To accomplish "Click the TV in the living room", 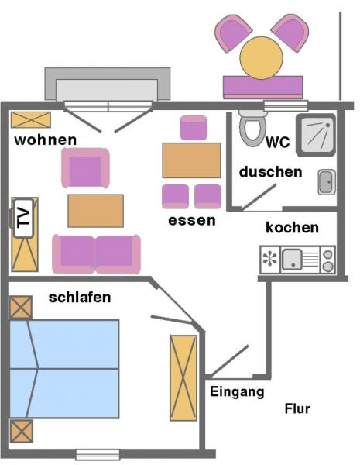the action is (23, 219).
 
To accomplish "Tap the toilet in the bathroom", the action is (252, 129).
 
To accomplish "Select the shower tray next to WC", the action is (316, 135).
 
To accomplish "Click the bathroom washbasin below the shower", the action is (327, 182).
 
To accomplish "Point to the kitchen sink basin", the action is (292, 260).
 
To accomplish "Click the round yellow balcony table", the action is (262, 58).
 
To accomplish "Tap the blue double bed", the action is (64, 369).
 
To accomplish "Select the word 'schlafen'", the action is (80, 298).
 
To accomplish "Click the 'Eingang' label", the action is (237, 391).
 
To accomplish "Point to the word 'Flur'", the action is (297, 408).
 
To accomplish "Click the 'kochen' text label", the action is (292, 228).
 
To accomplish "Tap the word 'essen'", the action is (192, 221).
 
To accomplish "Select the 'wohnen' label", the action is (46, 140).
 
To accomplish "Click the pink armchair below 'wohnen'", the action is (85, 168).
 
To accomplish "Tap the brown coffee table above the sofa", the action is (96, 211).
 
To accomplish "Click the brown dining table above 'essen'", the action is (191, 160).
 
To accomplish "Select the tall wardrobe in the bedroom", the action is (183, 378).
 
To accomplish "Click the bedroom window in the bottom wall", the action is (98, 454).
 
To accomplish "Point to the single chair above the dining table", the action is (194, 128).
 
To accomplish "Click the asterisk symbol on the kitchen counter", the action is (270, 258).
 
